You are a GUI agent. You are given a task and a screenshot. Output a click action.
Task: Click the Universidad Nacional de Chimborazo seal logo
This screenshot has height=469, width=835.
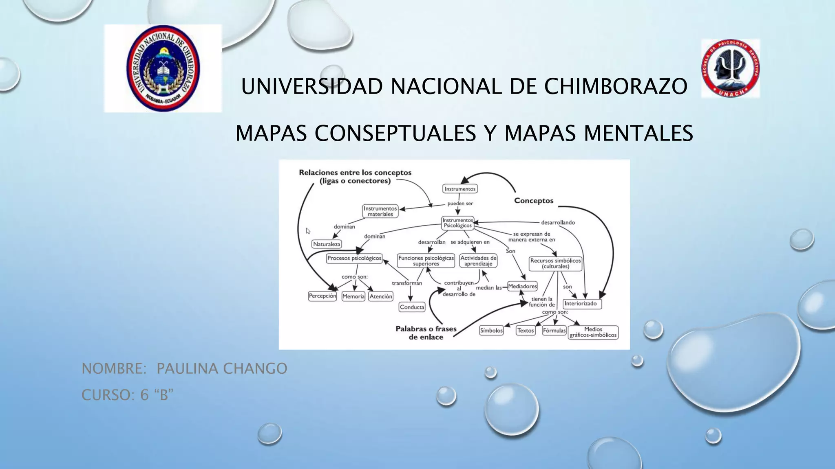click(163, 68)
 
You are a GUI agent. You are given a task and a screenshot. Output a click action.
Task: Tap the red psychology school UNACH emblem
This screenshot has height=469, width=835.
click(730, 68)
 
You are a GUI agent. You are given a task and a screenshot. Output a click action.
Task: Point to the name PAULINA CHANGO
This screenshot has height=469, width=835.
click(222, 368)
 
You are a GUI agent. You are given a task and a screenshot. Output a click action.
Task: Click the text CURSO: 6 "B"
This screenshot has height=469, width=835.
click(127, 395)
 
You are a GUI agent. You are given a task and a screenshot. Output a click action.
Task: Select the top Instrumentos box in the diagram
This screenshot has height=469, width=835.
click(460, 189)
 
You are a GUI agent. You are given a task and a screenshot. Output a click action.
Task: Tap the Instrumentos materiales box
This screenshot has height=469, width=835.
click(380, 211)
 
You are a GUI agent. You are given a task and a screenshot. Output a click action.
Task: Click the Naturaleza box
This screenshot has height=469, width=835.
click(327, 244)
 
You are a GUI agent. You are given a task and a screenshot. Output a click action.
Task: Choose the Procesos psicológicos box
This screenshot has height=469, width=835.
click(354, 258)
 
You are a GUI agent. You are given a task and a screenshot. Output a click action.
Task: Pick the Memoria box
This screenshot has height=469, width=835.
click(353, 296)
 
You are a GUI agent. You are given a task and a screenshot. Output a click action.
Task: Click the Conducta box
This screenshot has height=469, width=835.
click(412, 307)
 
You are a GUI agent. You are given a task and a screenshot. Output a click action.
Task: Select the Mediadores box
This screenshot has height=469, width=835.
click(522, 286)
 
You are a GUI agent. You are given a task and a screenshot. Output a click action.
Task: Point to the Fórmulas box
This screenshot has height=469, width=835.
click(554, 331)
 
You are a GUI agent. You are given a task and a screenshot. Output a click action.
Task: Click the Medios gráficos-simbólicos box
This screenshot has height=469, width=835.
click(593, 332)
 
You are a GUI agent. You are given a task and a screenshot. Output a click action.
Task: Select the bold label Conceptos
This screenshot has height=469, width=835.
click(534, 201)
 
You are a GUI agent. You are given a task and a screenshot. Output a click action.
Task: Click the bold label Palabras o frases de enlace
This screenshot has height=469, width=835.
click(426, 333)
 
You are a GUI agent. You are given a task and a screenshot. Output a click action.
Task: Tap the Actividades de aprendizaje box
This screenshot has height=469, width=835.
click(478, 261)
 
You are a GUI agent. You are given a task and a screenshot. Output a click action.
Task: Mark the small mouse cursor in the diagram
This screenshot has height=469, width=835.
click(308, 231)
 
